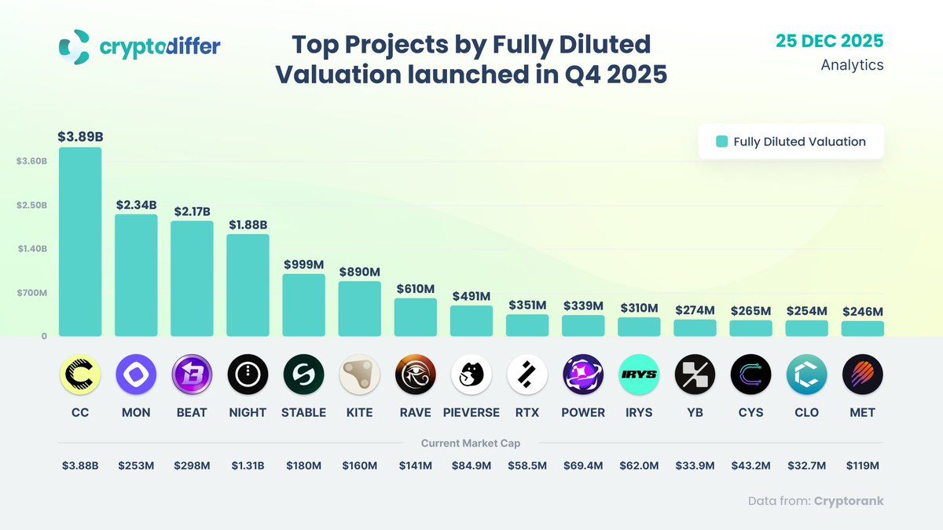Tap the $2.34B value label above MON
click(x=136, y=205)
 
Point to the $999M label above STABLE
click(x=303, y=265)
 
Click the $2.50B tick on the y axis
click(x=32, y=205)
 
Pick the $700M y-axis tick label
click(x=32, y=293)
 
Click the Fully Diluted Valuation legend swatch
click(x=721, y=142)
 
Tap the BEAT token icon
click(x=192, y=375)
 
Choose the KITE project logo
click(x=359, y=375)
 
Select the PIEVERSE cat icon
click(x=472, y=375)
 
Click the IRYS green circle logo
click(x=639, y=375)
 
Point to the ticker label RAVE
click(x=415, y=412)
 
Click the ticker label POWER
click(x=583, y=412)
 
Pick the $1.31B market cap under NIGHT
click(x=248, y=466)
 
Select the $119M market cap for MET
click(x=862, y=466)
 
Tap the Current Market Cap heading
click(x=471, y=444)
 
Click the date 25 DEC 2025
click(x=829, y=41)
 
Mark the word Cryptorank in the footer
click(x=849, y=501)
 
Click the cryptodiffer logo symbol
click(x=75, y=47)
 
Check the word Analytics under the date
click(x=852, y=65)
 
